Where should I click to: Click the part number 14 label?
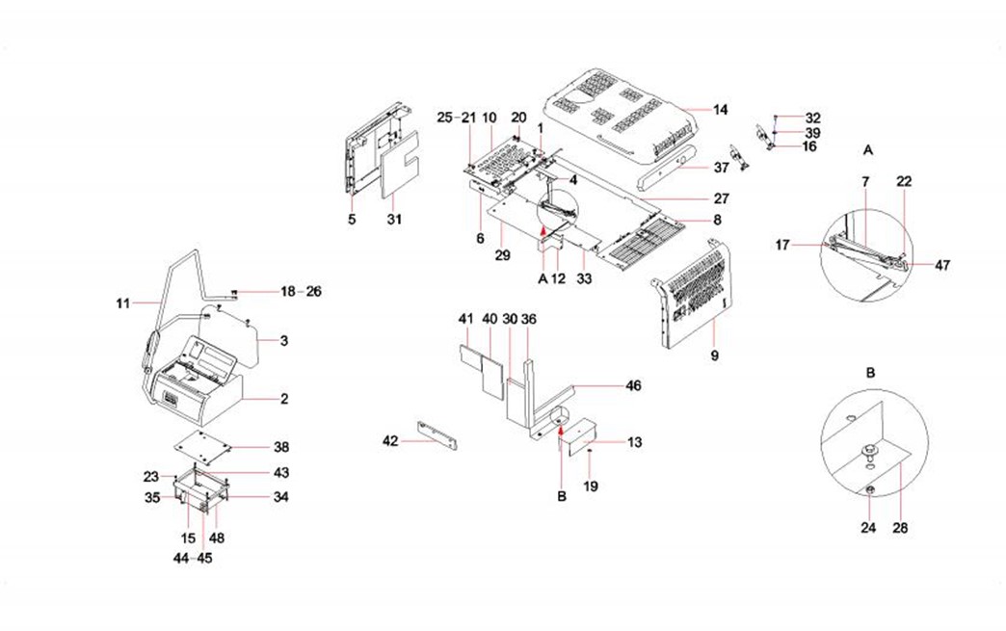pyautogui.click(x=720, y=110)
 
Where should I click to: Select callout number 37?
pyautogui.click(x=722, y=167)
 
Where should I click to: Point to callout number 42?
pyautogui.click(x=389, y=440)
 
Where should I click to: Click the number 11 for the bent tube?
pyautogui.click(x=121, y=303)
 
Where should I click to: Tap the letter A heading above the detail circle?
pyautogui.click(x=868, y=150)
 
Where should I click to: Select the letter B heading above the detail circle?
pyautogui.click(x=869, y=371)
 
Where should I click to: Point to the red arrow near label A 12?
pyautogui.click(x=543, y=230)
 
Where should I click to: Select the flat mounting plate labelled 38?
pyautogui.click(x=202, y=445)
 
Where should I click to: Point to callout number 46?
pyautogui.click(x=632, y=385)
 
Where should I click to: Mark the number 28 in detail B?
pyautogui.click(x=900, y=528)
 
